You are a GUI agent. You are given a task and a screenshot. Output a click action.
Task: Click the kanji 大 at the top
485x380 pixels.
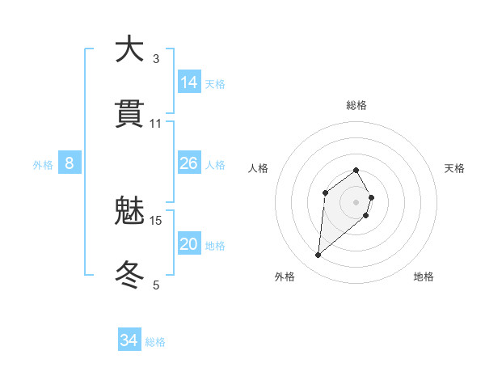[x=129, y=49]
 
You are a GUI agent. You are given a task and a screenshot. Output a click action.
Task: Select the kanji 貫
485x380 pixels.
[x=129, y=114]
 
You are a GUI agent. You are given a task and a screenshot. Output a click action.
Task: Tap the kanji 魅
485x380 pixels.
[x=129, y=211]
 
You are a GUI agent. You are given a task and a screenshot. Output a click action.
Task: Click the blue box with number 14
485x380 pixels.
[x=189, y=82]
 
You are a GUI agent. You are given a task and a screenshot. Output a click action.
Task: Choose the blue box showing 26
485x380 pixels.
[x=189, y=163]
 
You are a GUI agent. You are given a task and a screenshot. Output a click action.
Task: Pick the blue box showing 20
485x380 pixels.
[x=189, y=244]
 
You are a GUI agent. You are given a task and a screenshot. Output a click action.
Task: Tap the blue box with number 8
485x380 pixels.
[x=70, y=163]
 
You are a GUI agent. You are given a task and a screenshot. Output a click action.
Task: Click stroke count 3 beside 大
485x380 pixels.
[x=156, y=58]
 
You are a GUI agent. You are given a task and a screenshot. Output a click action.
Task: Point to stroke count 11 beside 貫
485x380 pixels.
[x=156, y=124]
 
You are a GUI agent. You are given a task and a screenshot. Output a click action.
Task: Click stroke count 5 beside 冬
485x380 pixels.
[x=156, y=285]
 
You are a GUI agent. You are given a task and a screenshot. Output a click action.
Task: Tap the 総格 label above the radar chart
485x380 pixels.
[x=356, y=105]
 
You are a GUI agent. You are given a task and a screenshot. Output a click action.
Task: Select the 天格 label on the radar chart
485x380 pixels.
[x=454, y=168]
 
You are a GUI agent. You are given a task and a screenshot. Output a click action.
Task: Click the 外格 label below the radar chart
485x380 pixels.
[x=284, y=277]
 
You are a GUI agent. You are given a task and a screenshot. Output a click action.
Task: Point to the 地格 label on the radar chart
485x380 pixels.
[x=424, y=277]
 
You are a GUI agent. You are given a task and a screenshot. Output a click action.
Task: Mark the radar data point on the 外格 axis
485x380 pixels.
[x=318, y=255]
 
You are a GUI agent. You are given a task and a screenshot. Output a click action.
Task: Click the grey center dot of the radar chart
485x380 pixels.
[x=356, y=202]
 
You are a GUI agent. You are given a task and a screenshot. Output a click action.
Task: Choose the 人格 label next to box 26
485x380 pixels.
[x=215, y=165]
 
